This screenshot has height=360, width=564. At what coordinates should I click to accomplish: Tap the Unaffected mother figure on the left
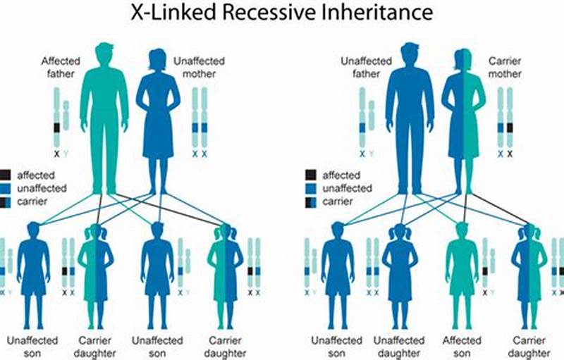pos(157,120)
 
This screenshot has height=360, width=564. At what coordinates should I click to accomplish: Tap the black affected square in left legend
pos(5,175)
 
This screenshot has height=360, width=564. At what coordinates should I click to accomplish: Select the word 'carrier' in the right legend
pos(338,202)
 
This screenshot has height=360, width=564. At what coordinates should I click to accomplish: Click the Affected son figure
pos(462,268)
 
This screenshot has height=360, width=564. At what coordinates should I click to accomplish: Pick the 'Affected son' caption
pos(462,347)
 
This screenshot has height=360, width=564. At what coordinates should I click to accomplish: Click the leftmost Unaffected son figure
pos(32,268)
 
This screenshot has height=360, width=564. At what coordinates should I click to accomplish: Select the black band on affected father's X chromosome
pos(57,128)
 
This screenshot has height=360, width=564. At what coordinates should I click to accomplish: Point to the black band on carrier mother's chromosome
pos(510,128)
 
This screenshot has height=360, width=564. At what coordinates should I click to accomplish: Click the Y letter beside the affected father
pos(66,153)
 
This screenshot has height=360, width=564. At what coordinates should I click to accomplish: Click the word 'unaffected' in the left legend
pos(41,188)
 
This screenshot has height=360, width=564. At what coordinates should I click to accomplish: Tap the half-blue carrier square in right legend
pos(309,202)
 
